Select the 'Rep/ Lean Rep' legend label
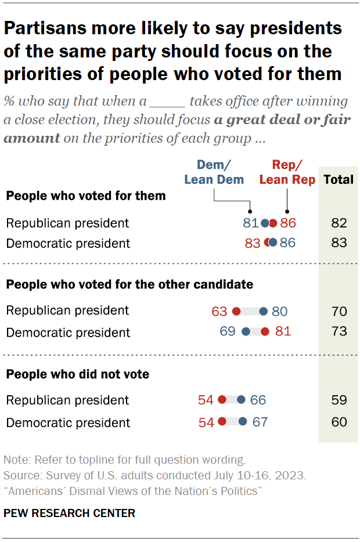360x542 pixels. click(x=287, y=172)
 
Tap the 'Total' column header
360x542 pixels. click(x=338, y=179)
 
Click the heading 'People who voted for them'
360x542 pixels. click(x=86, y=196)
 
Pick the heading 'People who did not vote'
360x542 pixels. click(x=77, y=374)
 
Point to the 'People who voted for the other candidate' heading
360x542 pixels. click(x=129, y=284)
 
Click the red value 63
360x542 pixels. click(x=219, y=312)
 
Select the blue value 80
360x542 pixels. click(x=279, y=312)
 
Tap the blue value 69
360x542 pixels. click(x=227, y=332)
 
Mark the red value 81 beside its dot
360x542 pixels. click(x=283, y=332)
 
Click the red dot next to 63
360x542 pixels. click(x=236, y=312)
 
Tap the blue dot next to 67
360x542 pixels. click(x=242, y=422)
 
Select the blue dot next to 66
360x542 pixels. click(x=240, y=400)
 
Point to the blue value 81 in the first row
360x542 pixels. click(x=250, y=223)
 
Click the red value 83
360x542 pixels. click(x=253, y=243)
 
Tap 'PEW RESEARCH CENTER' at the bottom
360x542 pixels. click(x=69, y=513)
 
